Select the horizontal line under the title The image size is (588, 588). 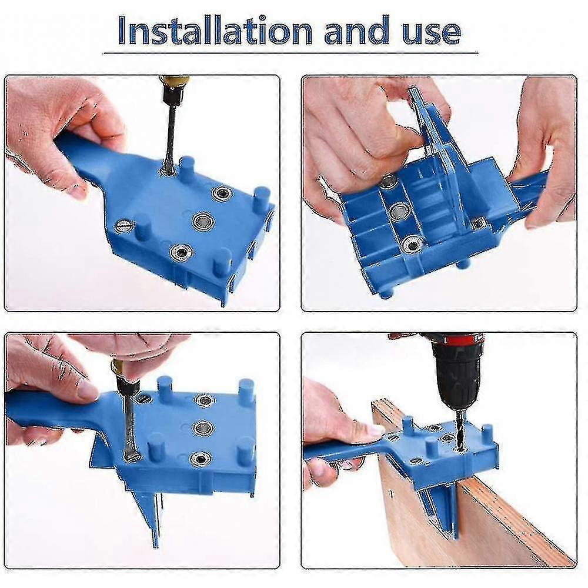[x=290, y=54]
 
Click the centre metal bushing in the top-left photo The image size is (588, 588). [x=202, y=221]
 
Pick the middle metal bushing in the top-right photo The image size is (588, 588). [x=399, y=212]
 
